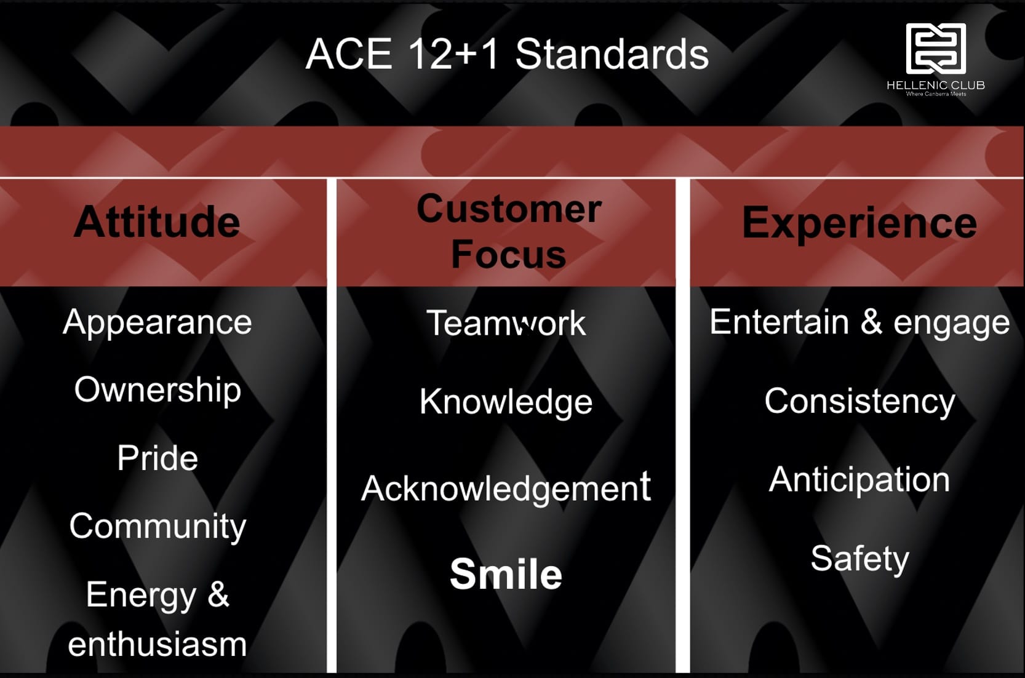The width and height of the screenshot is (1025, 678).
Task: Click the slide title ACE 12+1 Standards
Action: (507, 54)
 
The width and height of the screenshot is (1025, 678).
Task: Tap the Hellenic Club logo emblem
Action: (936, 49)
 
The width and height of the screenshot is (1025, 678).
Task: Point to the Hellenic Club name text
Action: (936, 85)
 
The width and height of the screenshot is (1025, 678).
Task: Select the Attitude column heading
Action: (157, 221)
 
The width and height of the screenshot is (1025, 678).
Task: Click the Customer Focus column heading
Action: (509, 231)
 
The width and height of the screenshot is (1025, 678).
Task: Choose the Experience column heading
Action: (859, 222)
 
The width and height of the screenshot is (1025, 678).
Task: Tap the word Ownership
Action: (158, 390)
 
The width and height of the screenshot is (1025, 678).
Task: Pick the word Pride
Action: (158, 458)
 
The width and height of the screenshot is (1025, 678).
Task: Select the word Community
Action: (158, 526)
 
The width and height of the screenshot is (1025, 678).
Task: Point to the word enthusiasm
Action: (158, 644)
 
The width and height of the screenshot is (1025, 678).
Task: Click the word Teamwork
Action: (506, 323)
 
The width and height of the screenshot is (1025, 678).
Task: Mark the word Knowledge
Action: (506, 402)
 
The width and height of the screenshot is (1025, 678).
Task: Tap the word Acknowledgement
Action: (506, 488)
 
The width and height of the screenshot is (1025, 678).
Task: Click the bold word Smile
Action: (506, 573)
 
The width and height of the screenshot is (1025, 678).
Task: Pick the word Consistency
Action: (859, 401)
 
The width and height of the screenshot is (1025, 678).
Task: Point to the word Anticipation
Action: (859, 480)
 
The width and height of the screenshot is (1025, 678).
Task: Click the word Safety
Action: (859, 559)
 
